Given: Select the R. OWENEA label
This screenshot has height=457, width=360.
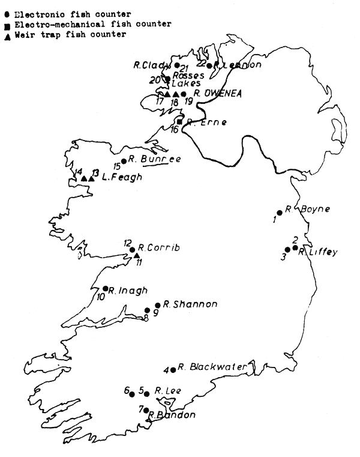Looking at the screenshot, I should pos(214,93).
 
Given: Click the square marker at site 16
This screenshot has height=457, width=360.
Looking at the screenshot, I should pos(179,122).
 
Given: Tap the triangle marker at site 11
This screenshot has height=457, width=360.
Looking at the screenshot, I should pos(136,255).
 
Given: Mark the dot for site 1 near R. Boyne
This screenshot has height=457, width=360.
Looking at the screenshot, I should pos(279,213).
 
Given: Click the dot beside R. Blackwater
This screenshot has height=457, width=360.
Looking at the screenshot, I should pos(173,369).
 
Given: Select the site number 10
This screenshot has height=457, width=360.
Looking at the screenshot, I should pos(101,296).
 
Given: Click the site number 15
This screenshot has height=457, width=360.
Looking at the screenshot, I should pos(116,166).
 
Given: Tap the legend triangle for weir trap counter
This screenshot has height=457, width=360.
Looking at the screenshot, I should pos(7,35).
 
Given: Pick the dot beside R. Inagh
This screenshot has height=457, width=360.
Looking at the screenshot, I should pos(106,289).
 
